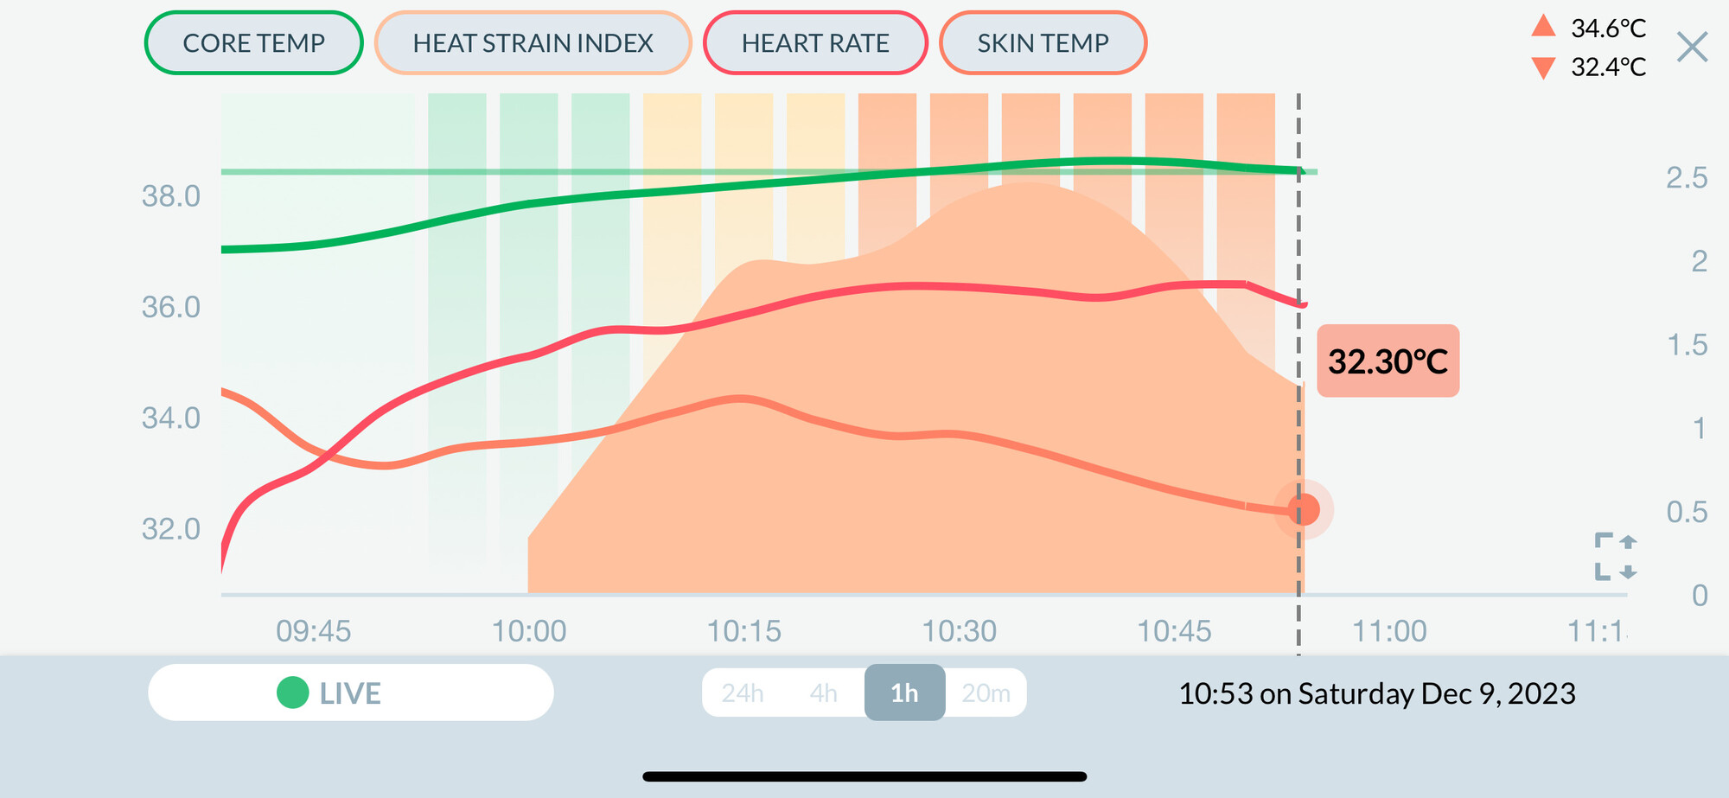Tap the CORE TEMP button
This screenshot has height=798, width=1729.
point(253,43)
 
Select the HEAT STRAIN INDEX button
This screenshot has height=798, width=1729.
point(533,43)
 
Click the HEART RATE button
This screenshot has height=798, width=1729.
point(814,43)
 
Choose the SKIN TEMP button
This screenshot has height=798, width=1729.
point(1043,43)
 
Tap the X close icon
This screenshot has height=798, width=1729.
point(1692,47)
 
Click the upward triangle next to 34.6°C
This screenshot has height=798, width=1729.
point(1543,27)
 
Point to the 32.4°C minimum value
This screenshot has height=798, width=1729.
point(1608,67)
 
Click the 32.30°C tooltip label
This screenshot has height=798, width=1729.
point(1388,361)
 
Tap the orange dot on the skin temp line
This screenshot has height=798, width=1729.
point(1303,509)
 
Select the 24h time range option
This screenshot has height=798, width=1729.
point(743,693)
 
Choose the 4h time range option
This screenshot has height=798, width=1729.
point(823,693)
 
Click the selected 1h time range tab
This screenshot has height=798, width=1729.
point(904,693)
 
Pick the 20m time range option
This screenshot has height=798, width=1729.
point(986,693)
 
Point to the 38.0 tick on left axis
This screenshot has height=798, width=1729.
point(171,196)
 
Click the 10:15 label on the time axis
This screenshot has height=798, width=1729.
point(743,631)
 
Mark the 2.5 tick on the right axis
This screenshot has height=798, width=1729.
point(1686,178)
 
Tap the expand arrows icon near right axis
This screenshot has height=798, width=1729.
point(1615,556)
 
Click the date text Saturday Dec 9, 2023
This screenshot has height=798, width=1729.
point(1436,693)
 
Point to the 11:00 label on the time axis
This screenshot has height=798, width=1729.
point(1388,631)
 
